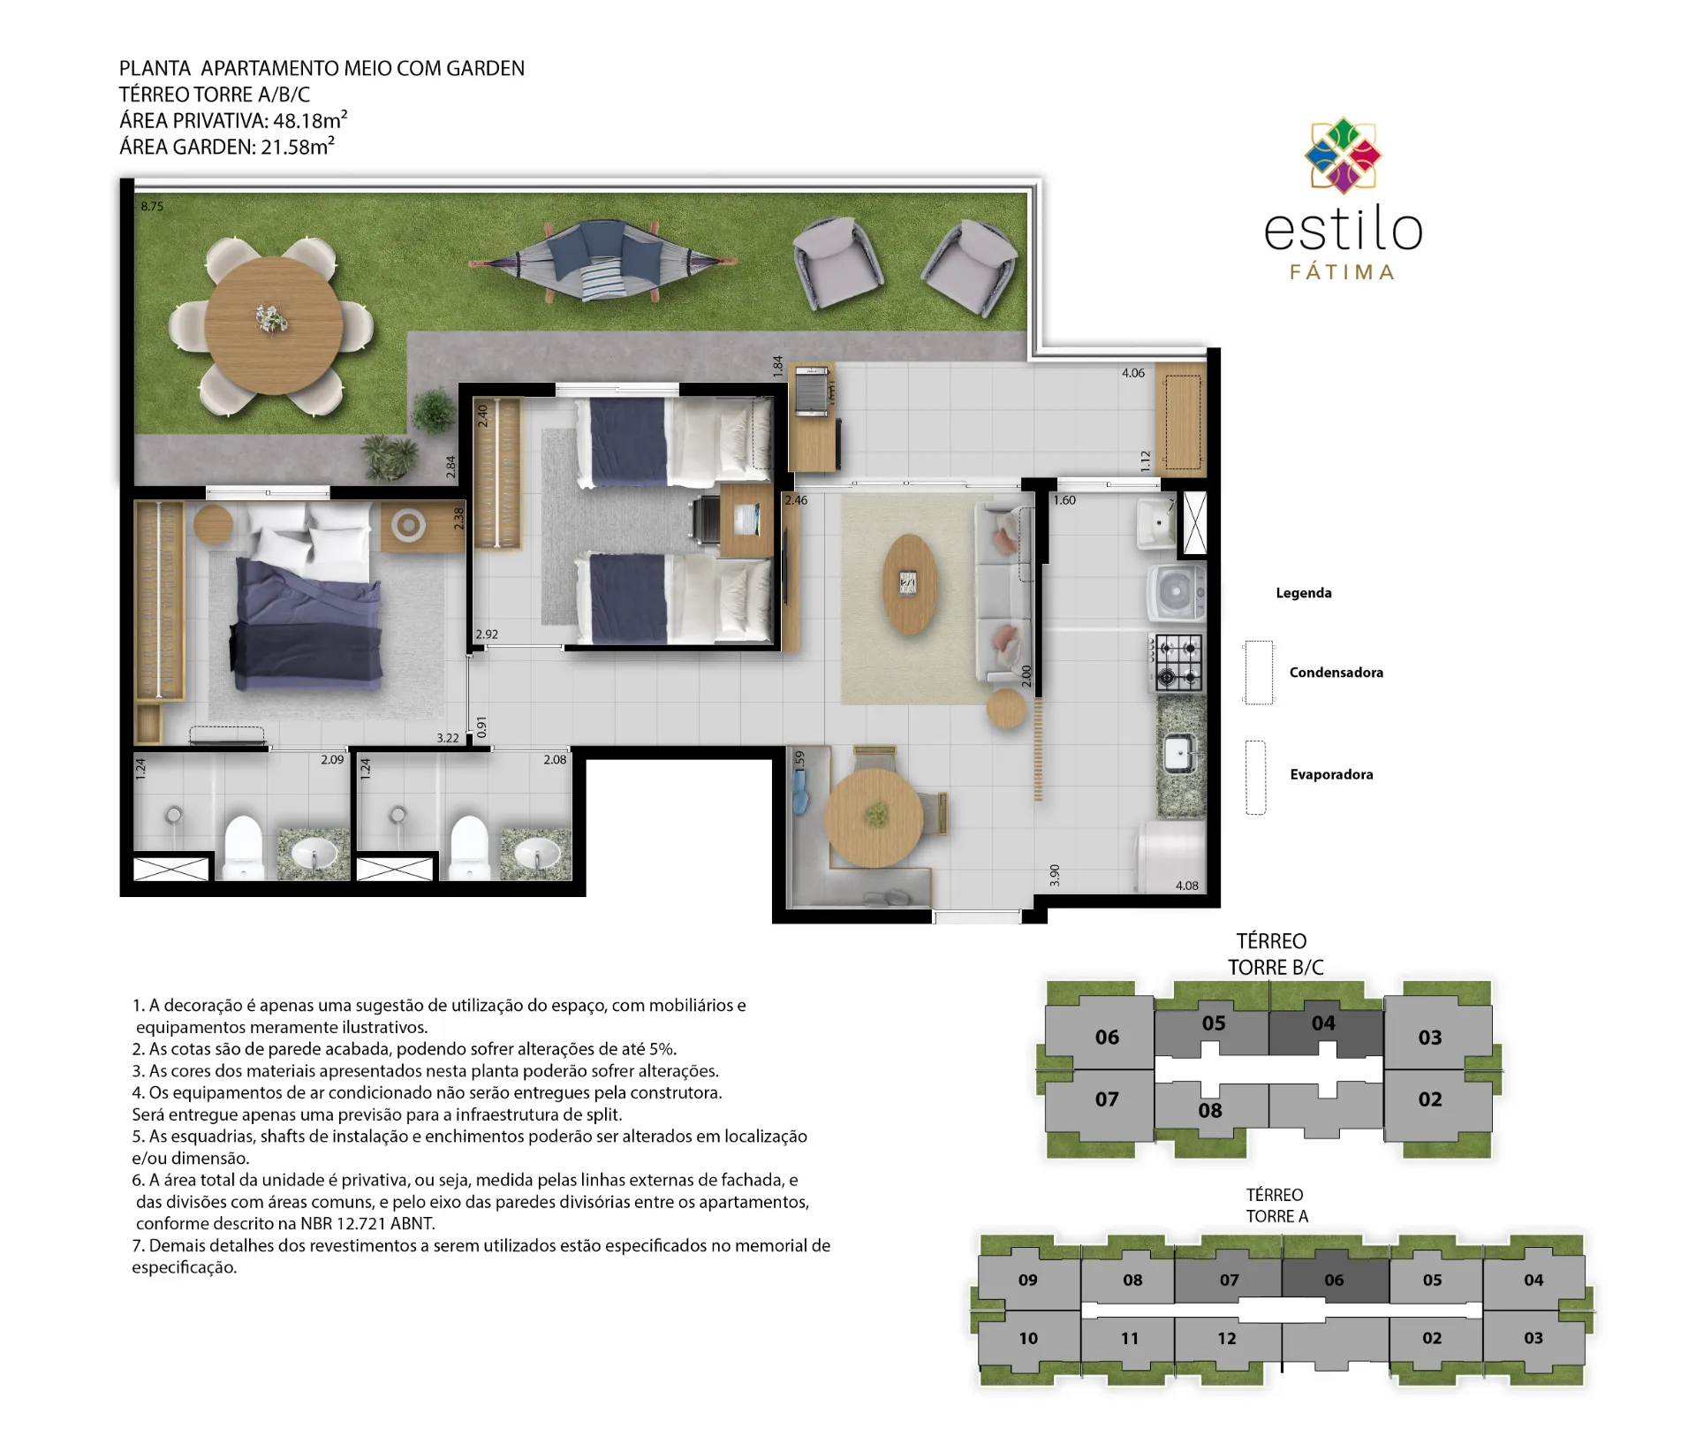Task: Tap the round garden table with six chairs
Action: coord(273,325)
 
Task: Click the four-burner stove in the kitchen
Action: coord(1178,662)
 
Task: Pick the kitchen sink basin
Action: coord(1178,754)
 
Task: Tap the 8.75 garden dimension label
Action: coord(152,207)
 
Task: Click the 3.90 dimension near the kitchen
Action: coord(1055,876)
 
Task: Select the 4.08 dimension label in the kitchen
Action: coord(1186,886)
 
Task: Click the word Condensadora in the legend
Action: coord(1336,673)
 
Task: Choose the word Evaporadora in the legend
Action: coord(1331,775)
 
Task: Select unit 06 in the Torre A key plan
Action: coord(1334,1280)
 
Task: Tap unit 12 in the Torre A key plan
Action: coord(1227,1339)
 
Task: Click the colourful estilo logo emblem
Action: coord(1343,156)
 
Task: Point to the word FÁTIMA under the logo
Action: coord(1343,272)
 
